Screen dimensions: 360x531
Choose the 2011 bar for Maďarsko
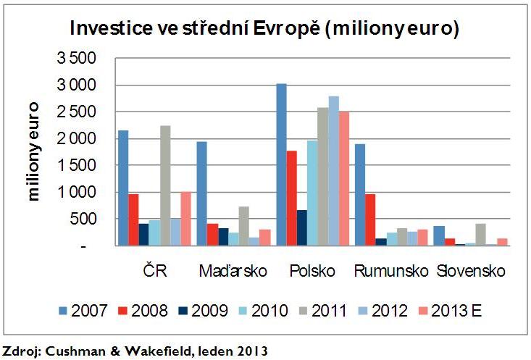[243, 226]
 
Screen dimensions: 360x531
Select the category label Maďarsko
[233, 271]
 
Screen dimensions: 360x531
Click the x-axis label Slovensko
[471, 271]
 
